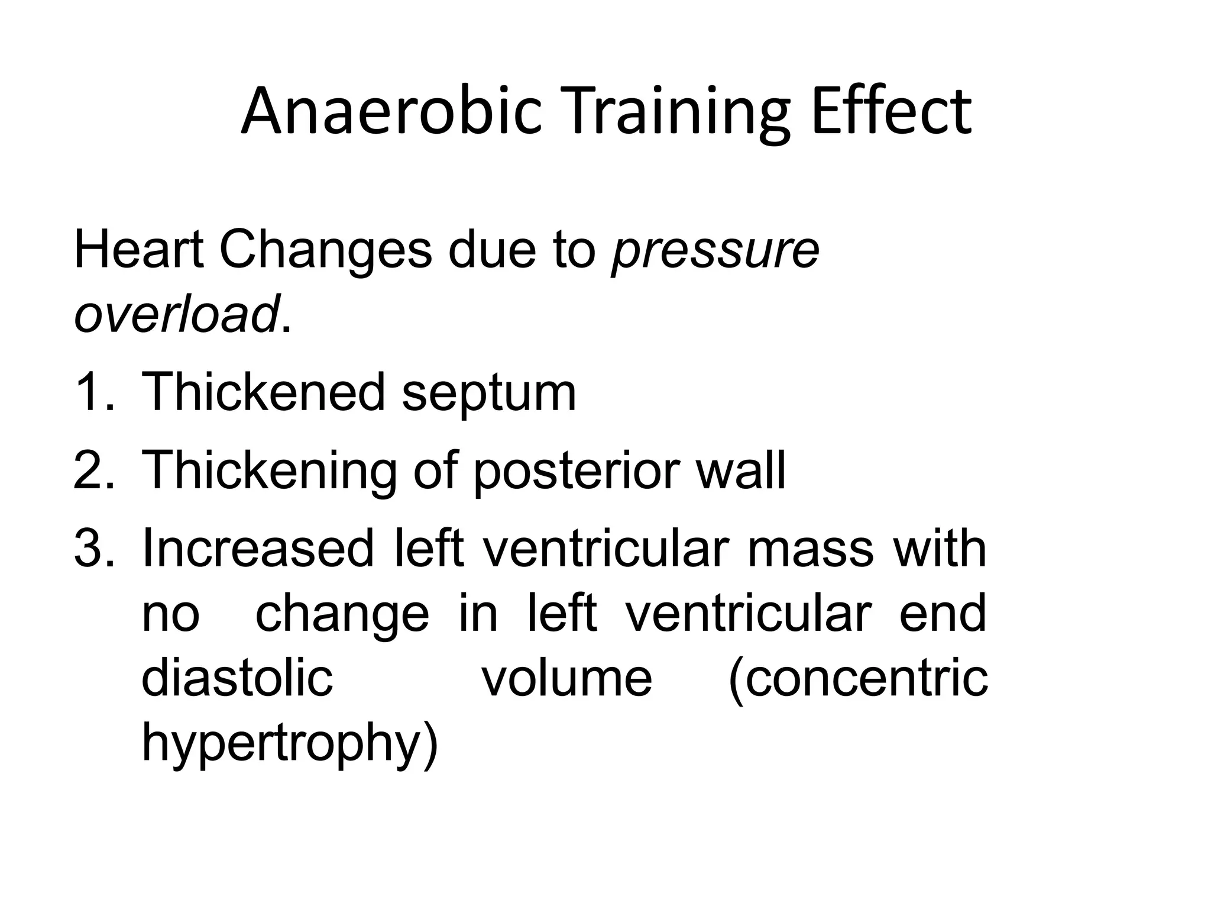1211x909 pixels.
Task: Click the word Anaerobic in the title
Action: pyautogui.click(x=391, y=111)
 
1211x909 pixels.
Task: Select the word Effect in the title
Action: pyautogui.click(x=891, y=111)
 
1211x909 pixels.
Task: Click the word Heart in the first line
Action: pyautogui.click(x=138, y=250)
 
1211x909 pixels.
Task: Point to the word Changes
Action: pyautogui.click(x=325, y=251)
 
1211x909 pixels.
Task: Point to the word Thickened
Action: pyautogui.click(x=264, y=392)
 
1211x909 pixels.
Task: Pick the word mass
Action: pyautogui.click(x=810, y=549)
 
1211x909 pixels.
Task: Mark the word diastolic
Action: pyautogui.click(x=237, y=677)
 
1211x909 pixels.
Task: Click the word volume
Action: pyautogui.click(x=567, y=677)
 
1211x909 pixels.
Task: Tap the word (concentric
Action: pyautogui.click(x=858, y=678)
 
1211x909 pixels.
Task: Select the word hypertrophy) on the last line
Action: pyautogui.click(x=290, y=743)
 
